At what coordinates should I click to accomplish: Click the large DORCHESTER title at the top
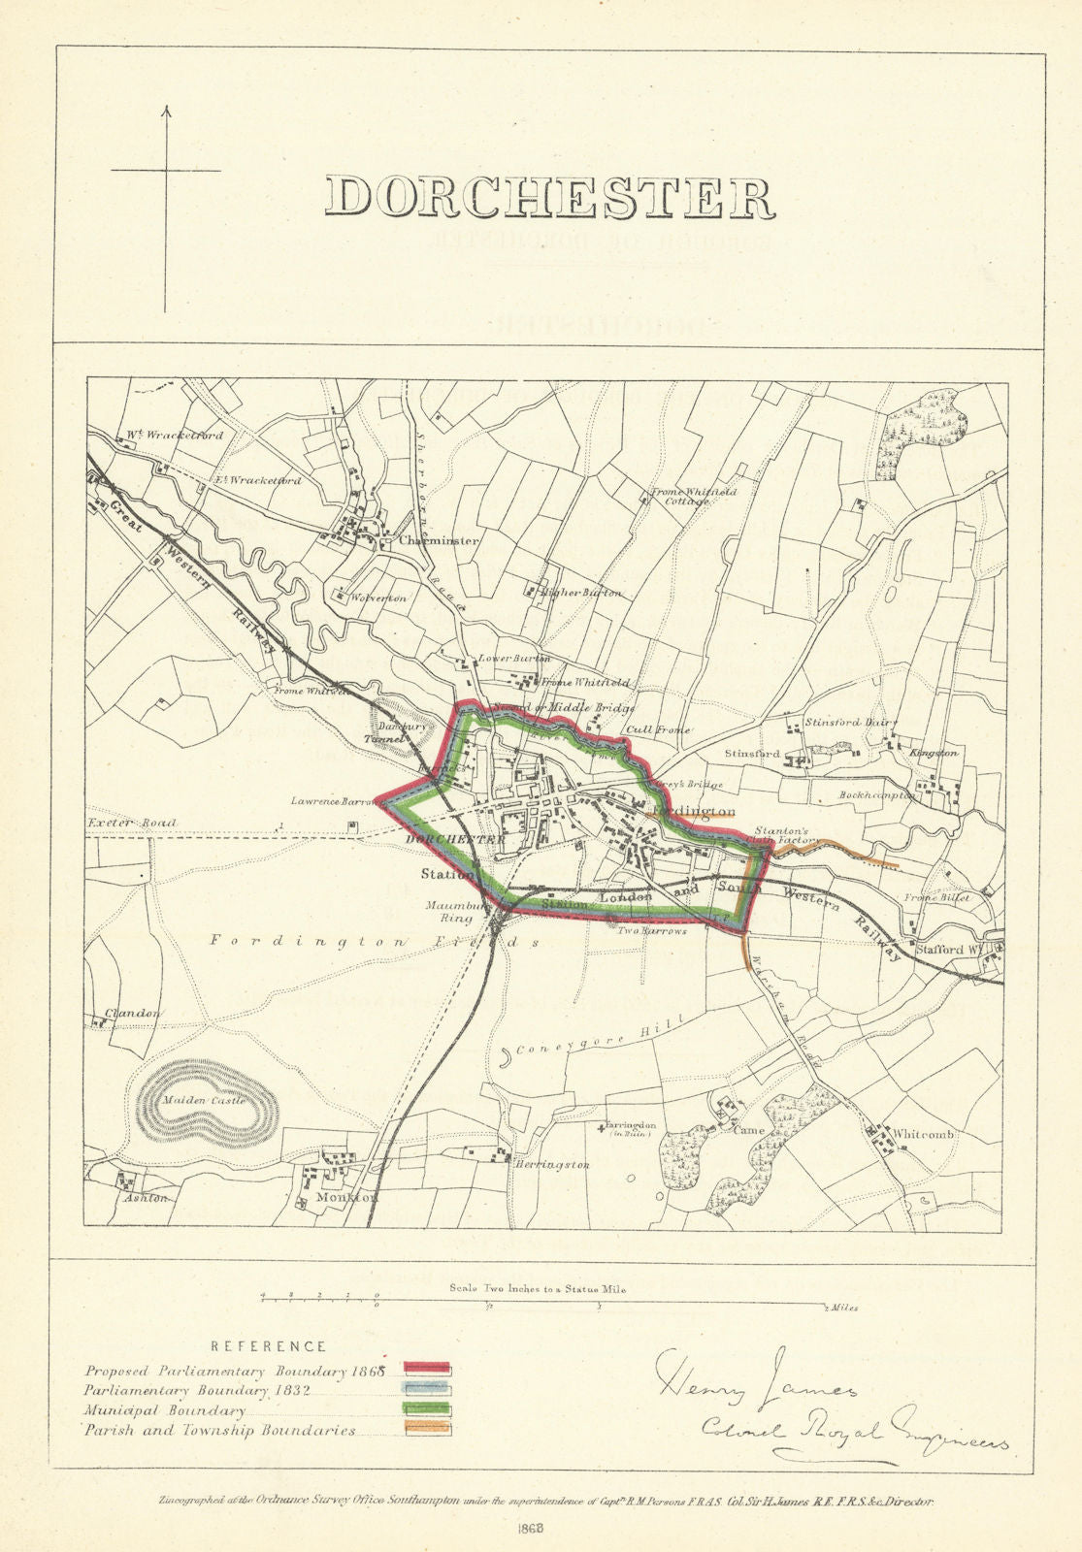(550, 197)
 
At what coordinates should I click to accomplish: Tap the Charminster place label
(439, 541)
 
